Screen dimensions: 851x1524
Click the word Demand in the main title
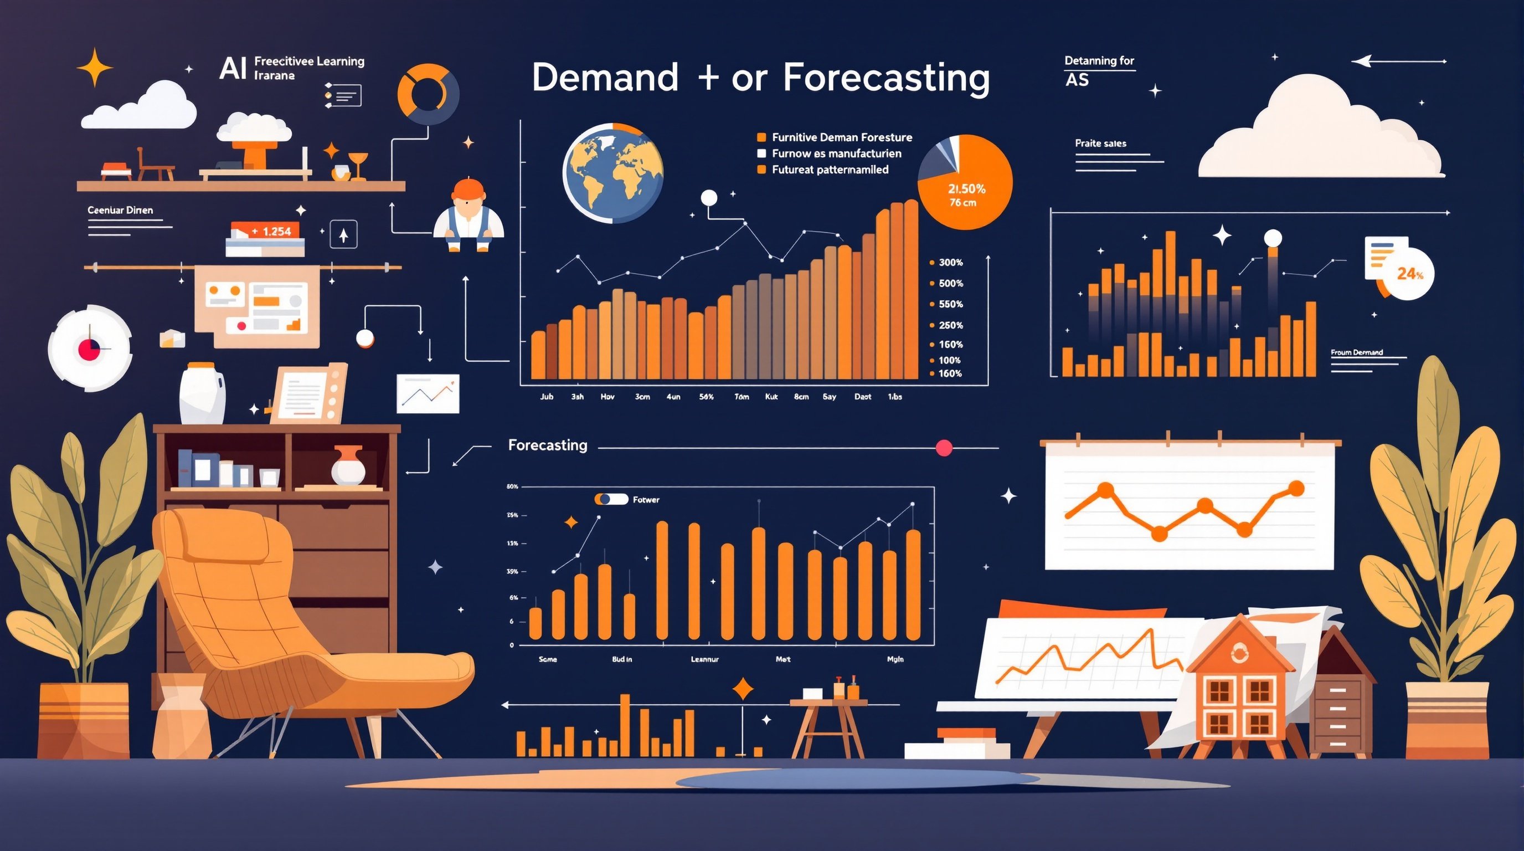coord(605,78)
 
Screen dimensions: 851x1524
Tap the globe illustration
coord(613,173)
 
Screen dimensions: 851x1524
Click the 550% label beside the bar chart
coord(950,304)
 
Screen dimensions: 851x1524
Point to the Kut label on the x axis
coord(771,397)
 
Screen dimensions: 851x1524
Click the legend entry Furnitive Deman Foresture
coord(841,137)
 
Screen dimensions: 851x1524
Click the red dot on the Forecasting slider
coord(944,448)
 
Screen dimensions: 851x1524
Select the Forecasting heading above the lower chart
coord(547,445)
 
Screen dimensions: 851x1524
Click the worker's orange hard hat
coord(468,189)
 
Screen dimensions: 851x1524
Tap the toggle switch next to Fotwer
coord(611,500)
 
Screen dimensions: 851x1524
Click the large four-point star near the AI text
coord(95,68)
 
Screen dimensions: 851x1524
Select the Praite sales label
coord(1100,143)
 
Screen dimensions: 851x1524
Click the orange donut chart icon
coord(428,95)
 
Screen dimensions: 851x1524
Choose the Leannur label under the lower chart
coord(704,659)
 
